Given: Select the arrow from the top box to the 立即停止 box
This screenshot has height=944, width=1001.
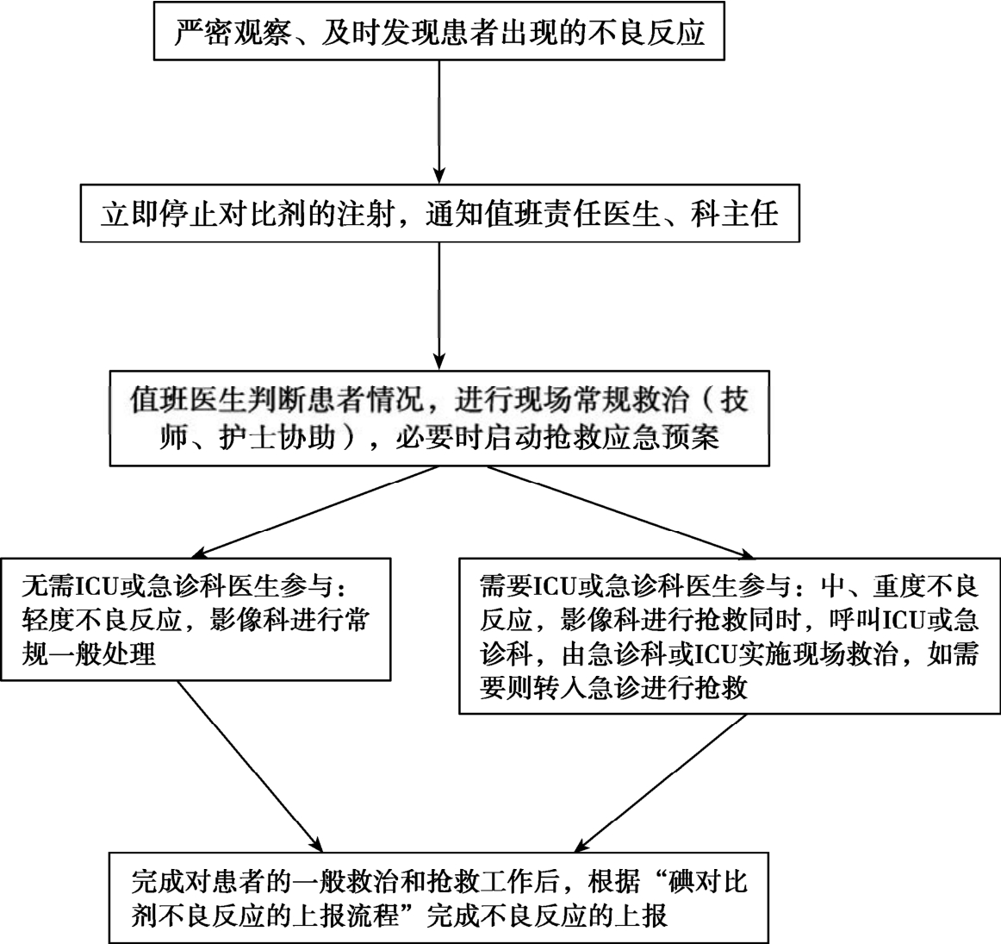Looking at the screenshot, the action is point(439,122).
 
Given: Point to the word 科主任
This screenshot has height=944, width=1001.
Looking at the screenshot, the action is point(734,213).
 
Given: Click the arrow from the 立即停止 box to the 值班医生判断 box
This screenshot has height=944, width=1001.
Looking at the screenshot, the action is point(439,306).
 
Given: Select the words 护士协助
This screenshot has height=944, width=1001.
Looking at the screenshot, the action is point(277,437).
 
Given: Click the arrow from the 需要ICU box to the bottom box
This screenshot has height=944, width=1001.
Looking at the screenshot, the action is point(660,783).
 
